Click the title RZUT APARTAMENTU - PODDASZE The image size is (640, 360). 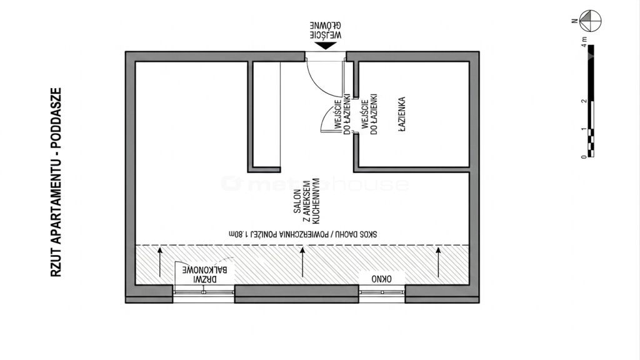click(56, 182)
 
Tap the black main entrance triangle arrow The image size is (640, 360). click(325, 46)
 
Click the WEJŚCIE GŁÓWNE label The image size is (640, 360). click(325, 30)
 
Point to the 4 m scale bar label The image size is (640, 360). click(584, 42)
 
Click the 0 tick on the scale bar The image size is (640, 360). click(584, 156)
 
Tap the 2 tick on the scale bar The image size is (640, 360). click(584, 101)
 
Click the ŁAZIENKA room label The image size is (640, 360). click(402, 114)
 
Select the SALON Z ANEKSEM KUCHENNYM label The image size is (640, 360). click(306, 201)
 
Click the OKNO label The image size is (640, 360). click(382, 279)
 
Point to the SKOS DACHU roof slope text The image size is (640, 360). click(303, 234)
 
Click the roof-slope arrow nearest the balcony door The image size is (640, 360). click(160, 262)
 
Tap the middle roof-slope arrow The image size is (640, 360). click(302, 262)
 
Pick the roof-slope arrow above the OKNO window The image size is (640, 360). click(438, 262)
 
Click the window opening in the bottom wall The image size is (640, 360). click(382, 293)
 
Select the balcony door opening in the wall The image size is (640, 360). click(204, 293)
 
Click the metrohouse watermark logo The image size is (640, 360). click(315, 184)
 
